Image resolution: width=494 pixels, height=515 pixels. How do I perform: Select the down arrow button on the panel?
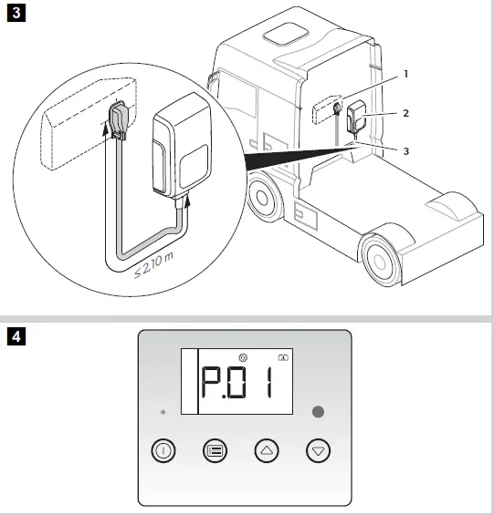318,450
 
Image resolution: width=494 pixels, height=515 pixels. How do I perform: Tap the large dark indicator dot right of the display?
318,411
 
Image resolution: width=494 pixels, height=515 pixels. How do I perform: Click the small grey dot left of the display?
163,412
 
